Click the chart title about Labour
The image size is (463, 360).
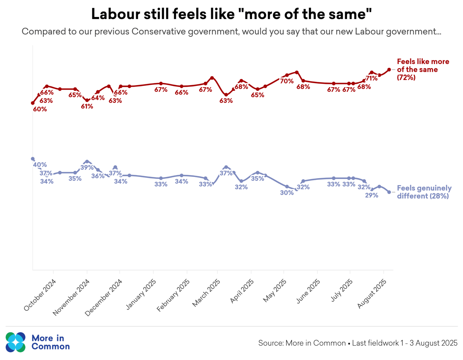(x=231, y=14)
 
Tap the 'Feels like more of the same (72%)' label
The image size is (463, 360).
(x=422, y=69)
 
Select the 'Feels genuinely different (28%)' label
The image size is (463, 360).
(x=424, y=192)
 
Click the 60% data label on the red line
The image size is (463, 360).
(x=40, y=110)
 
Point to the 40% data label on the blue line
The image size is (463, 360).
(x=40, y=165)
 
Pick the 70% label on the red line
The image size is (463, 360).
(x=286, y=81)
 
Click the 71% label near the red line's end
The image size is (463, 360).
(x=371, y=78)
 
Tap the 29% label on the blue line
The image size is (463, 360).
(x=372, y=195)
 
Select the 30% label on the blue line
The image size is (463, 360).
(x=286, y=192)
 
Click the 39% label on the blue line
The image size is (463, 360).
(x=87, y=168)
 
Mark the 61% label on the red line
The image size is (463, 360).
(x=87, y=106)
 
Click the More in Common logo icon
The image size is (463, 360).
(x=16, y=342)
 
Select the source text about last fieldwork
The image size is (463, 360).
(x=358, y=343)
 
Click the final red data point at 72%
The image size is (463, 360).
(x=389, y=70)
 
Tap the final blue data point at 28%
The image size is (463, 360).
(x=389, y=192)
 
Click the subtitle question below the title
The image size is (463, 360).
(x=231, y=32)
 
